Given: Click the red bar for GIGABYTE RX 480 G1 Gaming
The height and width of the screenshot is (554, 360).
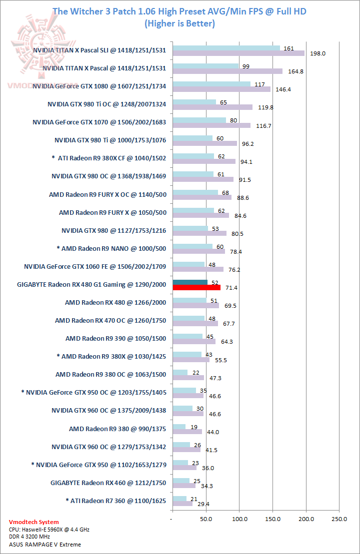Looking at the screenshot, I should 196,287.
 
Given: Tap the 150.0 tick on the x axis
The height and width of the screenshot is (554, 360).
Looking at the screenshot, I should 273,520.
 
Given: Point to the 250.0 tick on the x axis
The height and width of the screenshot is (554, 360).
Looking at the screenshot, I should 339,520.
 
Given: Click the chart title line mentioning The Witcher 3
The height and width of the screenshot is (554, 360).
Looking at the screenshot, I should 179,11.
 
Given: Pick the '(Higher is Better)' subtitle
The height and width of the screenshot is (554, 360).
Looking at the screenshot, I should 179,23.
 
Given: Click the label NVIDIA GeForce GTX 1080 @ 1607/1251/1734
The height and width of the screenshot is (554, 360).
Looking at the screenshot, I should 99,86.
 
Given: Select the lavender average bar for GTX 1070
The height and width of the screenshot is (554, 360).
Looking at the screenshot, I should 211,125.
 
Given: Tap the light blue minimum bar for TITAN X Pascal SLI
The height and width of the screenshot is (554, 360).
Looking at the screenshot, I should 226,48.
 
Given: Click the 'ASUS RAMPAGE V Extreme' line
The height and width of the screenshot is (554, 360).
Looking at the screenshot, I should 45,545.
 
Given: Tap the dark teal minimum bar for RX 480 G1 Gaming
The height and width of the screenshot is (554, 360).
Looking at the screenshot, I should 190,282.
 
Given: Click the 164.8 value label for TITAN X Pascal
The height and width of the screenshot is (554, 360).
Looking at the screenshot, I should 295,71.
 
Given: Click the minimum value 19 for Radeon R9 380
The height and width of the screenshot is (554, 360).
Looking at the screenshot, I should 192,426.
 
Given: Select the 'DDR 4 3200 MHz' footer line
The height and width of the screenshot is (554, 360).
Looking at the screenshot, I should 31,537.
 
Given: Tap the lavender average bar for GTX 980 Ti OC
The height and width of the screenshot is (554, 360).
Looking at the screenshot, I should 212,107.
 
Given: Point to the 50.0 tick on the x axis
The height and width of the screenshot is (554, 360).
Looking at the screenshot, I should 206,520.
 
